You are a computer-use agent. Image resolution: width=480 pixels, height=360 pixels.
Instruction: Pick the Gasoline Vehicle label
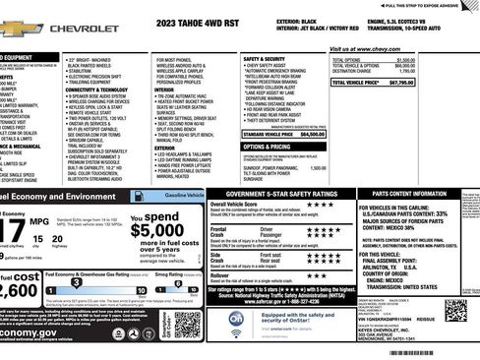[183, 197]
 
